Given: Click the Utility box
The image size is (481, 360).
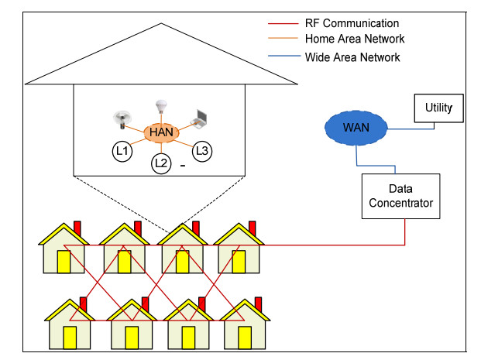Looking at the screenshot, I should tap(438, 108).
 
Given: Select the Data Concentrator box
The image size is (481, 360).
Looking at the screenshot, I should tap(401, 195).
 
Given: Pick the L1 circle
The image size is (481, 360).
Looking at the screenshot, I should tap(121, 152).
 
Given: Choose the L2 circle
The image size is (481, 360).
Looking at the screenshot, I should tap(160, 163).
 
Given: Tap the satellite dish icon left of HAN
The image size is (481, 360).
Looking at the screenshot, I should tap(121, 118).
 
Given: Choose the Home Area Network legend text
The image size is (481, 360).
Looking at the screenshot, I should tap(355, 39).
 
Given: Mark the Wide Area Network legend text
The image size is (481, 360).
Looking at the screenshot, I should tap(353, 57).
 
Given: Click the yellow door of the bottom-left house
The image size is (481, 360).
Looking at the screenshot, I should tap(70, 336).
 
